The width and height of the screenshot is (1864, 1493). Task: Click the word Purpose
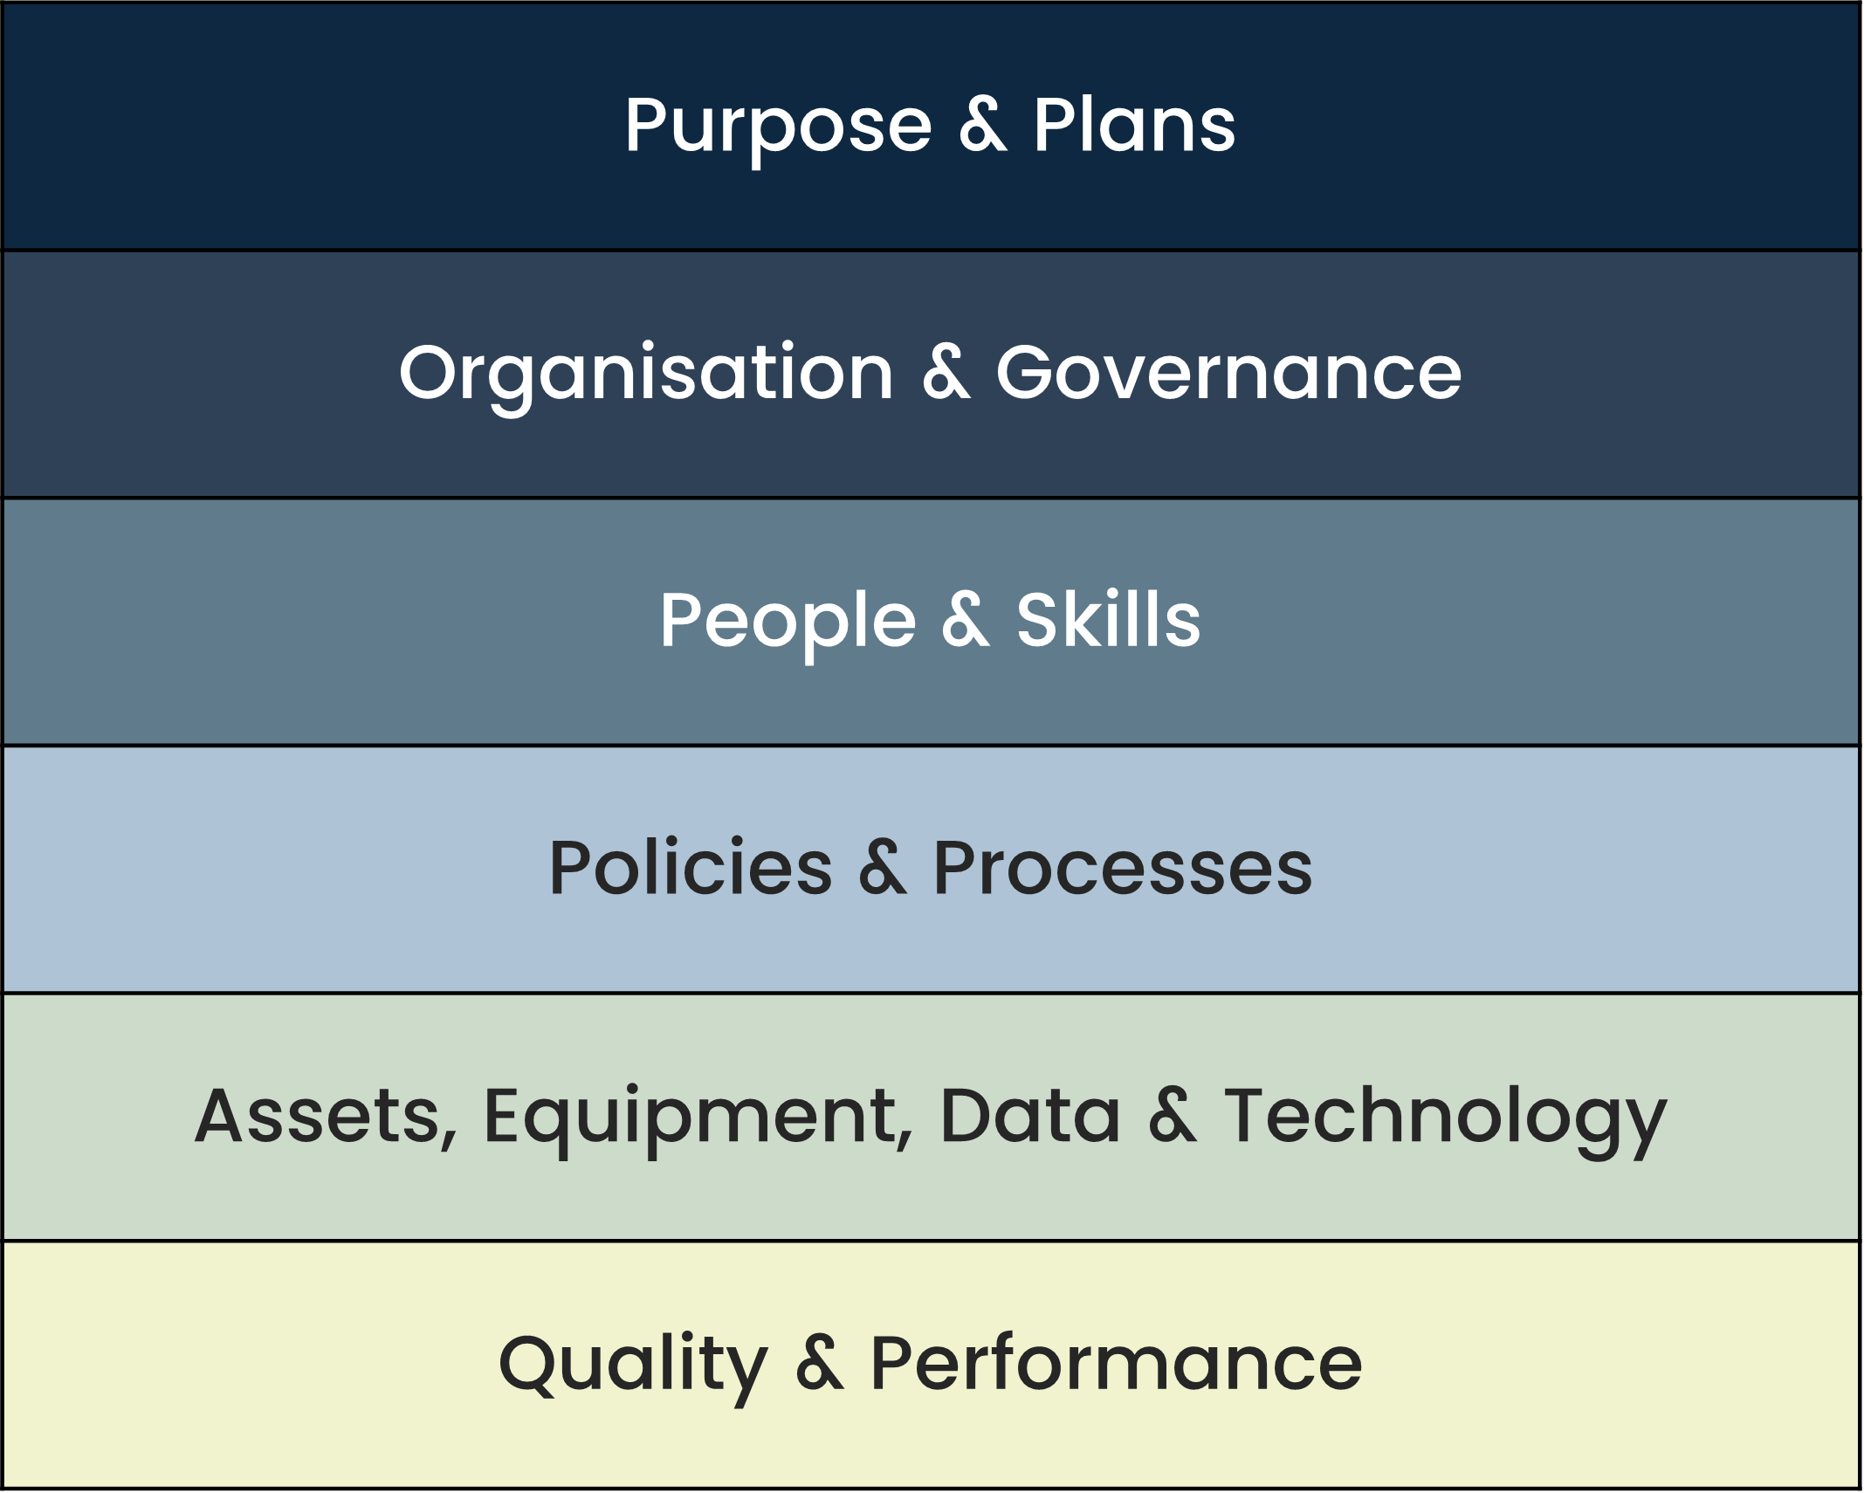point(778,127)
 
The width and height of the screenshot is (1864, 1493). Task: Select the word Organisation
point(646,374)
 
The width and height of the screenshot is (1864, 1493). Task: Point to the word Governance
point(1228,373)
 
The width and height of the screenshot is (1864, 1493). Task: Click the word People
point(788,621)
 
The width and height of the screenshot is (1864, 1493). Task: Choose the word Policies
point(691,868)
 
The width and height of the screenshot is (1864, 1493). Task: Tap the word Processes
point(1123,868)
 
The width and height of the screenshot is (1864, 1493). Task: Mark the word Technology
point(1445,1118)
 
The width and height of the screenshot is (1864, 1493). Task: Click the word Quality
point(633,1365)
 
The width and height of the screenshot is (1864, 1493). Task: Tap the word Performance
point(1116,1364)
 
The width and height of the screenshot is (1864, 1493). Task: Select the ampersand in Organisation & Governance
point(946,373)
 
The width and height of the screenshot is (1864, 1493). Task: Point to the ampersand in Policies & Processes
point(883,868)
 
